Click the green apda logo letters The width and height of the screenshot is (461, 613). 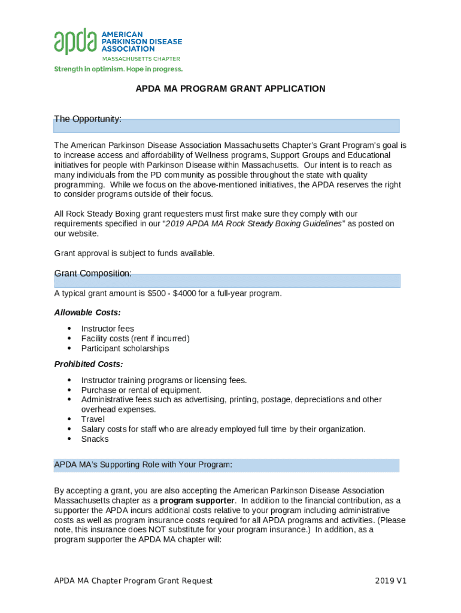point(75,41)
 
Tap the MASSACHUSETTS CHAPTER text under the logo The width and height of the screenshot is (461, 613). point(141,59)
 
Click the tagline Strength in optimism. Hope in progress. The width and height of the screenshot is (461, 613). point(119,69)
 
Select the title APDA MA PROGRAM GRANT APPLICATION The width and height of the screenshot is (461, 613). point(230,89)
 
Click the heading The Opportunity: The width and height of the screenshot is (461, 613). point(88,119)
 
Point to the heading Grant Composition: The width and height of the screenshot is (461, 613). point(93,274)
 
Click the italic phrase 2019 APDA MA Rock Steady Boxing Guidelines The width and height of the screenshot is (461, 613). point(255,223)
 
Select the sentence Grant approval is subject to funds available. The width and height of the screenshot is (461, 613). point(134,253)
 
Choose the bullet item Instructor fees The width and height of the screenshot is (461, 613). point(108,329)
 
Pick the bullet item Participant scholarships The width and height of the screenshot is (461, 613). point(125,348)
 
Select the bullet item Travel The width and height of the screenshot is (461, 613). point(93,419)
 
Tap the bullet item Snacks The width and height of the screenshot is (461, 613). point(95,439)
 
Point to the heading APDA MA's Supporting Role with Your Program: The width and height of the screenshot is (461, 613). point(143,465)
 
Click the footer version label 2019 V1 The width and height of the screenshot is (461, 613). point(391,581)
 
